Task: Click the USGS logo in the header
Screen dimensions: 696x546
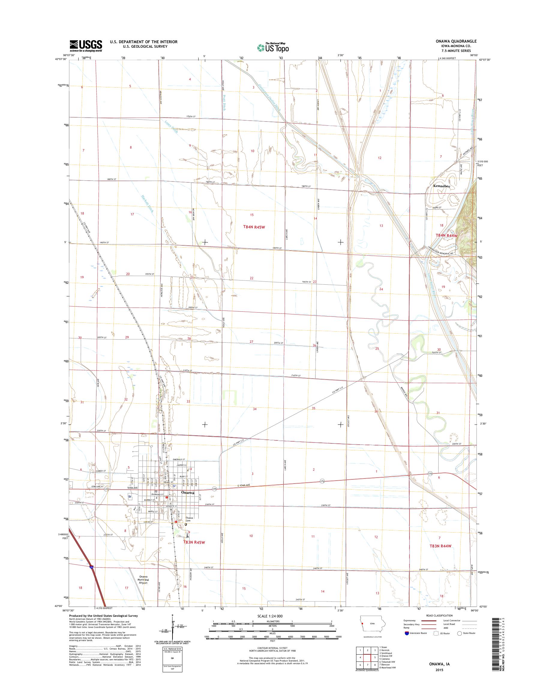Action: pyautogui.click(x=86, y=46)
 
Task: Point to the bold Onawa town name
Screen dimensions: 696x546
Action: pyautogui.click(x=187, y=493)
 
